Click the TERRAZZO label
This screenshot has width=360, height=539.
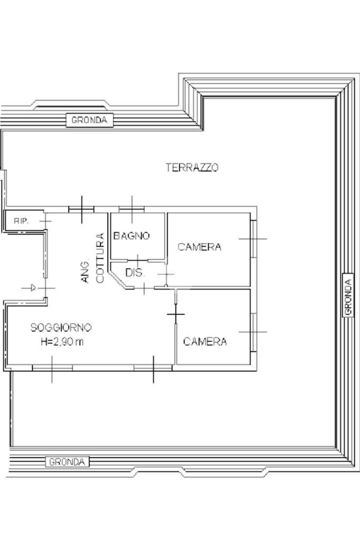click(192, 168)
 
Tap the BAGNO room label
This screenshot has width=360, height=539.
click(132, 236)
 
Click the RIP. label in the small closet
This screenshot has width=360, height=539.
click(22, 221)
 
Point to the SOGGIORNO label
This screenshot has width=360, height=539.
click(61, 328)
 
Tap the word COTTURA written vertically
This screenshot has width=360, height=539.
click(100, 258)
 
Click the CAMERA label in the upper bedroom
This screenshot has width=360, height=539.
click(199, 247)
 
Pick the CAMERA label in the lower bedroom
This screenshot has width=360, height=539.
click(205, 342)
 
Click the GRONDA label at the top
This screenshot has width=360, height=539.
click(89, 120)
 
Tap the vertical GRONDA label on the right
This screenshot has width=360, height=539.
click(348, 298)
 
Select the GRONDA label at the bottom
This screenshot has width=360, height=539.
click(67, 462)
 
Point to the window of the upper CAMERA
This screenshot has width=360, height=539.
click(253, 238)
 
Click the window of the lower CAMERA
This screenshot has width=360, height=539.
click(253, 332)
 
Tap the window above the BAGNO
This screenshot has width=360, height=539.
click(132, 209)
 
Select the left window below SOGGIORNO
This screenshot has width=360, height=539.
click(52, 367)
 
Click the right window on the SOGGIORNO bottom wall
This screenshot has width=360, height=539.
click(152, 367)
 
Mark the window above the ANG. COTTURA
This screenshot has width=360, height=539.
click(82, 209)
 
